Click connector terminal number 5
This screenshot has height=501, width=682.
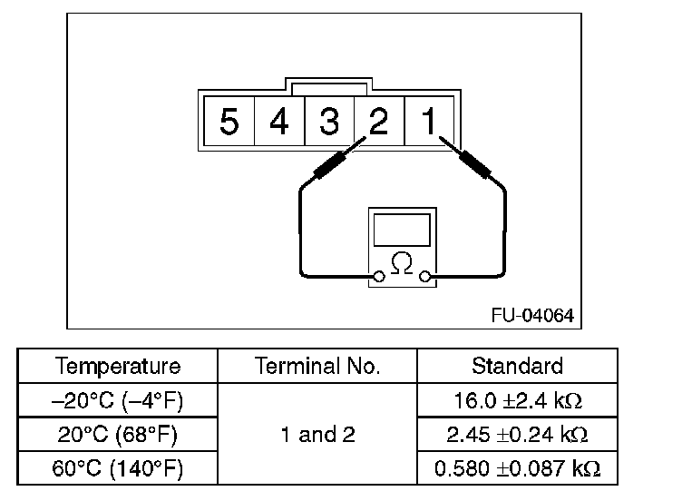coord(229,121)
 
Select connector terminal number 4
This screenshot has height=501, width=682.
coord(279,121)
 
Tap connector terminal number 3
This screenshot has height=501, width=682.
coord(329,121)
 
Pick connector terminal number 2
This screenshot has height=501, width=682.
coord(378,121)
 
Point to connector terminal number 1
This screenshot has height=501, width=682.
coord(428,121)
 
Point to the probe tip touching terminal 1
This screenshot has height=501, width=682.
coord(442,140)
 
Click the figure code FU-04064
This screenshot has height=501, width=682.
coord(532,315)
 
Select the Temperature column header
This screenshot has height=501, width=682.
coord(118,367)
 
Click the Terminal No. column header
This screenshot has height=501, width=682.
coord(317,367)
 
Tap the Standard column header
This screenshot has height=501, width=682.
coord(517,367)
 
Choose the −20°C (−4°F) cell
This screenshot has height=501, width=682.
coord(118,400)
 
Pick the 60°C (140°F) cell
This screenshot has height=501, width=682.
coord(118,469)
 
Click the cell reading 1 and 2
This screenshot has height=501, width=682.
coord(317,435)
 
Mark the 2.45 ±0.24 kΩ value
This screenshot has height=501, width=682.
coord(517,435)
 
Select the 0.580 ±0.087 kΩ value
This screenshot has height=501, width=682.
coord(517,469)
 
